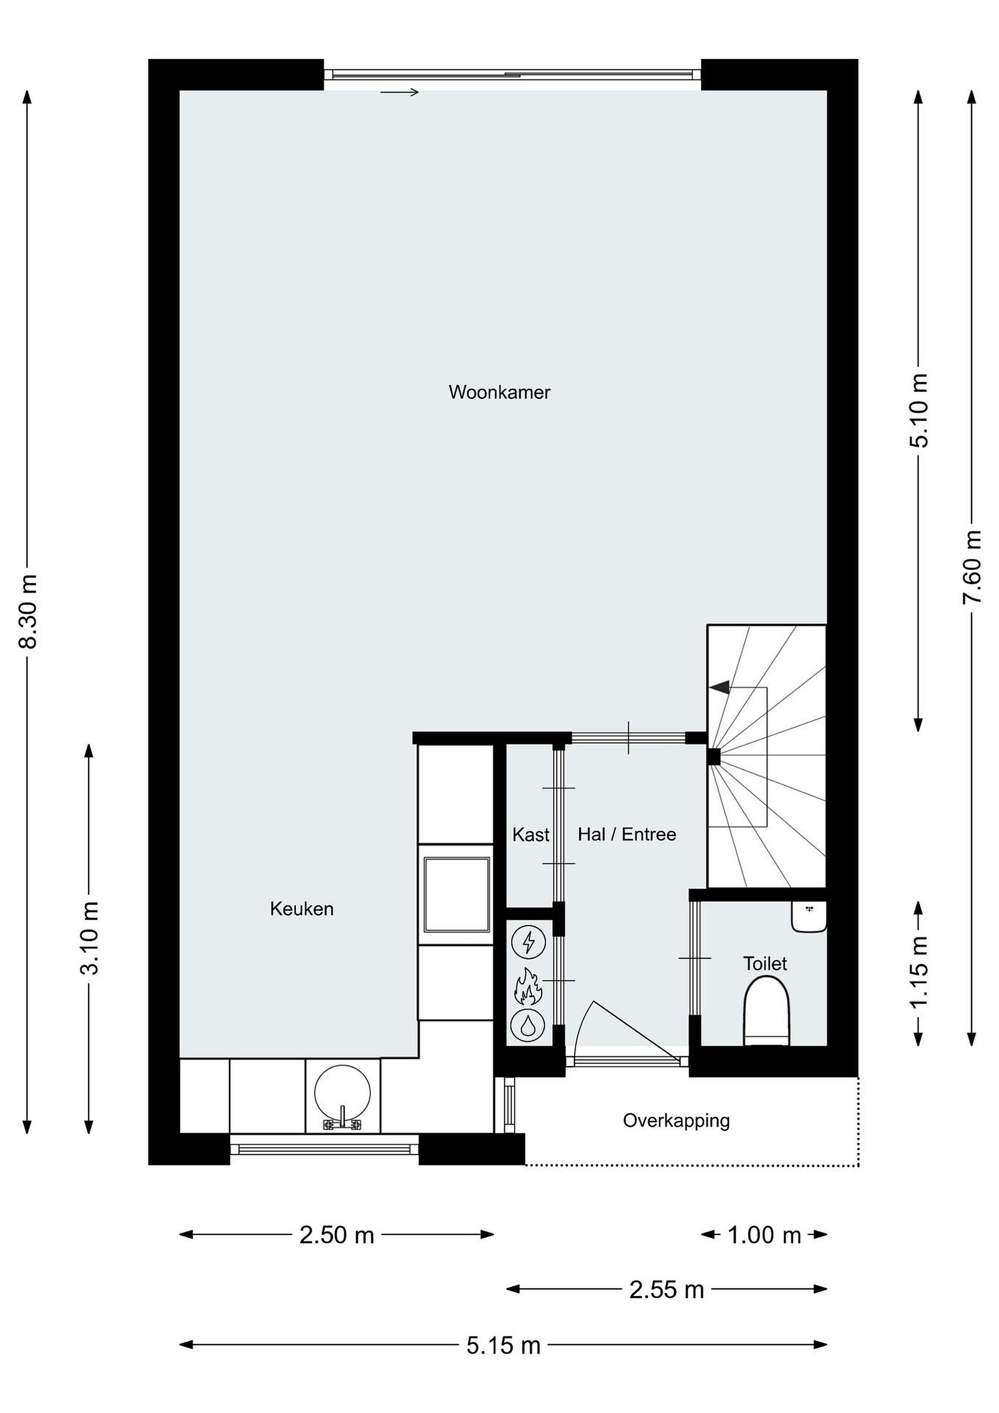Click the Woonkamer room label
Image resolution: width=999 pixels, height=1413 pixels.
(499, 392)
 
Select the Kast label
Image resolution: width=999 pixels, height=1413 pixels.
(530, 835)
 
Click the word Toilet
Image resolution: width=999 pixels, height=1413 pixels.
(765, 963)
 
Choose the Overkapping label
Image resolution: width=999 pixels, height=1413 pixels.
(676, 1121)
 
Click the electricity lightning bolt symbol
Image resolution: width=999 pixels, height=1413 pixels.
(528, 943)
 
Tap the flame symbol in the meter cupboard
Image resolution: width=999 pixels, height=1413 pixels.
(527, 986)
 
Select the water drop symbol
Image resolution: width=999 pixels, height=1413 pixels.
(528, 1025)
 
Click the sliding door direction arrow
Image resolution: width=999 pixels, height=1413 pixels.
(399, 92)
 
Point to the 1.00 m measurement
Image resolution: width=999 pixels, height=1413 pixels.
(764, 1234)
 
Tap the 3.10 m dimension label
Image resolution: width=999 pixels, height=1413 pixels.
(89, 938)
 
